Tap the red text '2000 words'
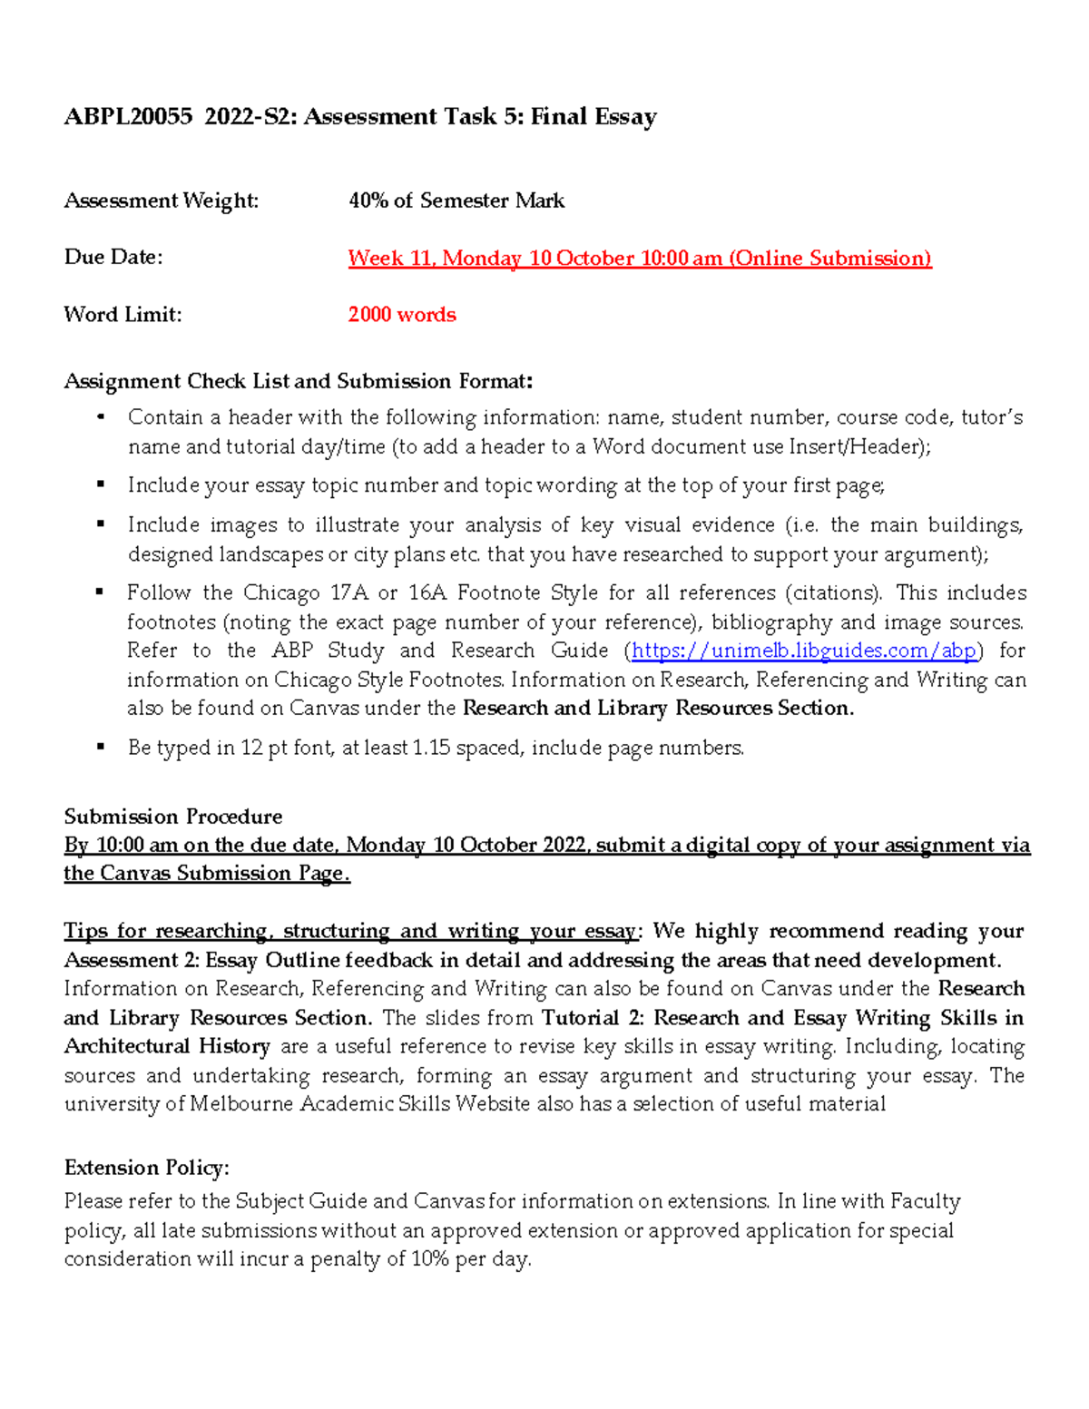click(402, 315)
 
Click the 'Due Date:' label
click(113, 258)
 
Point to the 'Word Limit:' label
click(123, 315)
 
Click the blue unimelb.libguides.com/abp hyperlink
click(804, 651)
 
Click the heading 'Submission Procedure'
click(172, 817)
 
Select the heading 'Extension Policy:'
click(146, 1168)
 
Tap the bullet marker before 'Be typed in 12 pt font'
click(101, 748)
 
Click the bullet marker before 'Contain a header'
click(101, 417)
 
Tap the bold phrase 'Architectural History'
click(167, 1046)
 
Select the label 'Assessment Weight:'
click(161, 201)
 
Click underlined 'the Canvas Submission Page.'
click(206, 874)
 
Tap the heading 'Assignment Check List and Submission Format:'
click(299, 381)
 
